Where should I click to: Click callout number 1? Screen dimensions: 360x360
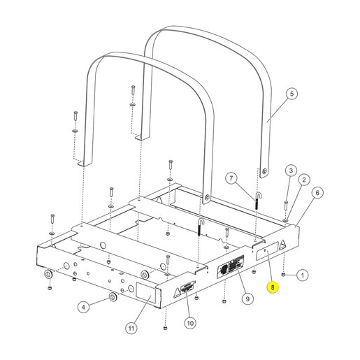303,275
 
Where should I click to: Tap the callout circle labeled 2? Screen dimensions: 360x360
303,180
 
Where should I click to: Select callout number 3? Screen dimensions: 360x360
291,171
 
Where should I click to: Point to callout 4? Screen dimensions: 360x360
83,308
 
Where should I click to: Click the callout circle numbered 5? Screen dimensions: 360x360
291,94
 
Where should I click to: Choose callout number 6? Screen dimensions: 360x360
317,193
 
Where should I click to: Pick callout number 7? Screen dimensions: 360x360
231,178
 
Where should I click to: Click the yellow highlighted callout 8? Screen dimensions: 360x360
273,287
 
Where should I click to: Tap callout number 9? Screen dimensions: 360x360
247,298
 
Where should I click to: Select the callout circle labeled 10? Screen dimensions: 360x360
190,323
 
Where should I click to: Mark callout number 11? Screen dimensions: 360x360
131,328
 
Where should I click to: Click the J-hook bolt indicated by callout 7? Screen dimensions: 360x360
257,201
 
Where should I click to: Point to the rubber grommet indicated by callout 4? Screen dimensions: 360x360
113,297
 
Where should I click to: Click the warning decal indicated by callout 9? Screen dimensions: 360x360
231,266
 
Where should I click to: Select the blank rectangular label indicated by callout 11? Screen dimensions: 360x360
145,292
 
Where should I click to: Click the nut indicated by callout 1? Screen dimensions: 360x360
284,275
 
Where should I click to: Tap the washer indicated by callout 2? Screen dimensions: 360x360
286,220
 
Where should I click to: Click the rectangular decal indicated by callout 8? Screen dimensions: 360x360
267,251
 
